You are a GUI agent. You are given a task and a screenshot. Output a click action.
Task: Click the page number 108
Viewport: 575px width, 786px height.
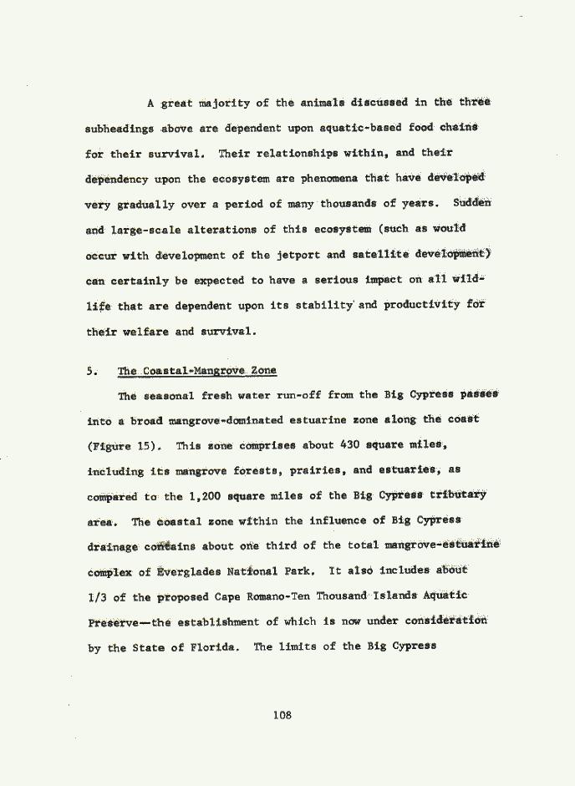[287, 714]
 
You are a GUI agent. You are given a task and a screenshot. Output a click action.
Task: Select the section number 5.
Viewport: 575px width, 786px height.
[92, 370]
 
